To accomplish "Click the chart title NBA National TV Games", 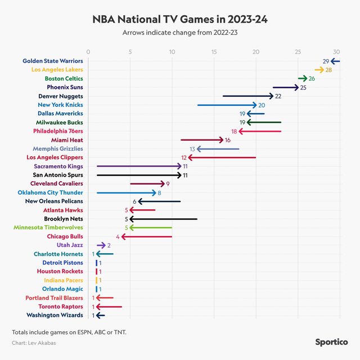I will tap(180, 19).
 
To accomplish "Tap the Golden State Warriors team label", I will tap(53, 61).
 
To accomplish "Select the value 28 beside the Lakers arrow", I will tap(328, 70).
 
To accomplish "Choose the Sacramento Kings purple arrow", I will tap(139, 166).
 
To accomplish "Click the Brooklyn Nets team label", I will tap(64, 218).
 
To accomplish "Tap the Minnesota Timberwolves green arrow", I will tap(150, 227).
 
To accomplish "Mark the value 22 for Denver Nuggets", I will tap(278, 96).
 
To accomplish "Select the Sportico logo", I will tap(332, 341).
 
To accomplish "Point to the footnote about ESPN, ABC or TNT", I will tap(69, 331).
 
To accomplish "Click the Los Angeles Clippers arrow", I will tap(222, 157).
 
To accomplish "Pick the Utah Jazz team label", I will tap(70, 245).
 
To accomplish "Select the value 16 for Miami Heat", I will tap(228, 139).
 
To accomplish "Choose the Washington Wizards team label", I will tap(55, 315).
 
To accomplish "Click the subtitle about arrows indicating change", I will tap(180, 32).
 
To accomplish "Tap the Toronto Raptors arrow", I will tap(109, 306).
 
